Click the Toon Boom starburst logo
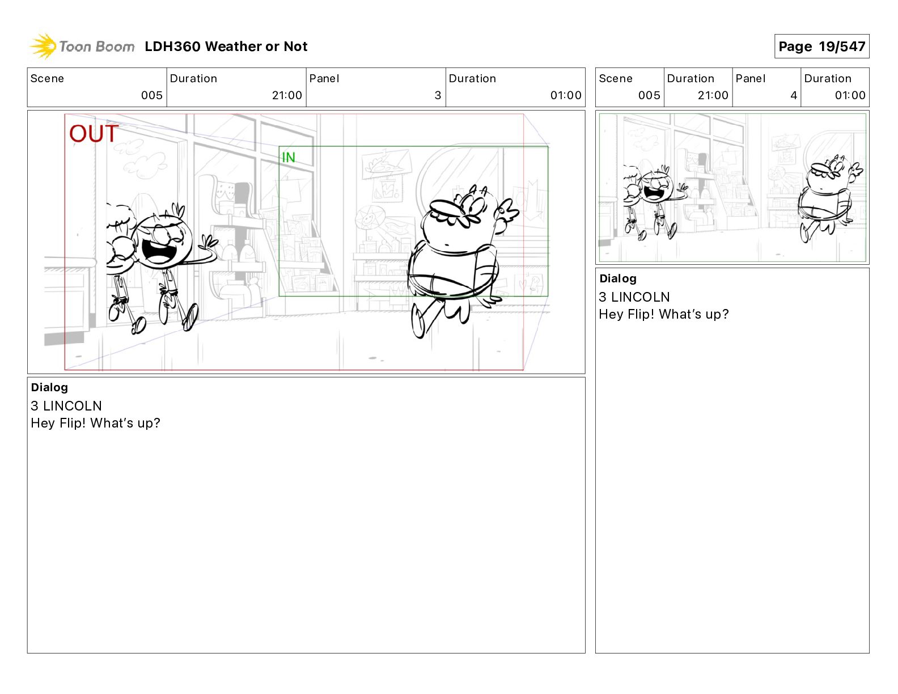(x=43, y=46)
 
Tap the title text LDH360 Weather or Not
(x=226, y=46)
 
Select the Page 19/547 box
(x=821, y=46)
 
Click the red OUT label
(x=94, y=133)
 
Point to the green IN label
(x=289, y=158)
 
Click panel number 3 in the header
(x=438, y=95)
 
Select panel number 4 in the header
(x=794, y=95)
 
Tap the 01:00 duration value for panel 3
(x=566, y=95)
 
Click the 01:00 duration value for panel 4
(x=850, y=95)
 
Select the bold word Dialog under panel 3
(x=49, y=387)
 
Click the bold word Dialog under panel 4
(x=618, y=278)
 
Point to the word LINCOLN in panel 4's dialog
(x=641, y=297)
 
